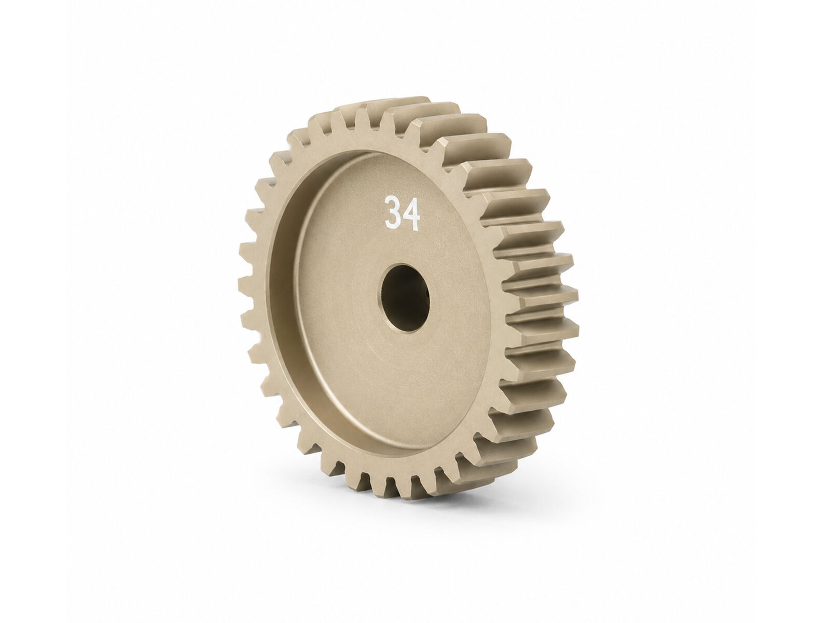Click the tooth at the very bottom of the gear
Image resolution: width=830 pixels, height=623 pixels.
pos(393,489)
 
